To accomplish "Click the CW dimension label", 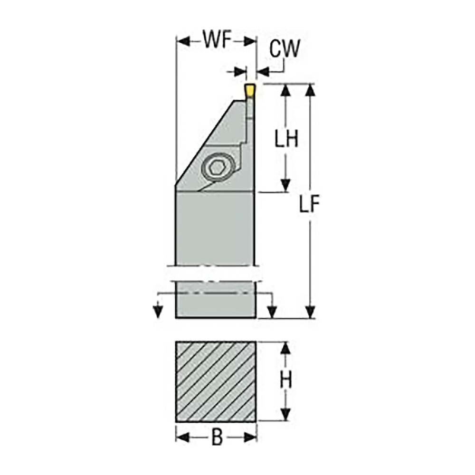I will point(285,48).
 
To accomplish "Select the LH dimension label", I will point(286,139).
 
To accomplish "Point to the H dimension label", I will point(285,380).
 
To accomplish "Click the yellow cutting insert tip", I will point(249,90).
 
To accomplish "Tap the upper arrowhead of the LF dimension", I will point(310,90).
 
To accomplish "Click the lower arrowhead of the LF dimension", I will point(310,312).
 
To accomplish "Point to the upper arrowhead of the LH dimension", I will point(285,90).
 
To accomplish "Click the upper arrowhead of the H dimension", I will point(285,348).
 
